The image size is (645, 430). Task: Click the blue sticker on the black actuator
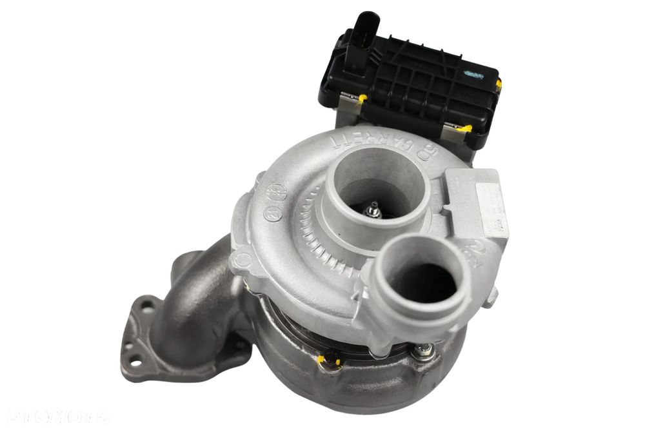point(474,75)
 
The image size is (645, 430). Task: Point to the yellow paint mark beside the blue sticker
point(498,84)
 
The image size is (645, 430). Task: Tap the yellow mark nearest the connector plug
point(362,98)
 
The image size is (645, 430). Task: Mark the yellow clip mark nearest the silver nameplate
point(463,128)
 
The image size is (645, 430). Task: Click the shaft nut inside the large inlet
point(372,210)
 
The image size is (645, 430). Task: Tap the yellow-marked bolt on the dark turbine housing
point(330,359)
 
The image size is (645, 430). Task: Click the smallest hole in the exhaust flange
point(133,346)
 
